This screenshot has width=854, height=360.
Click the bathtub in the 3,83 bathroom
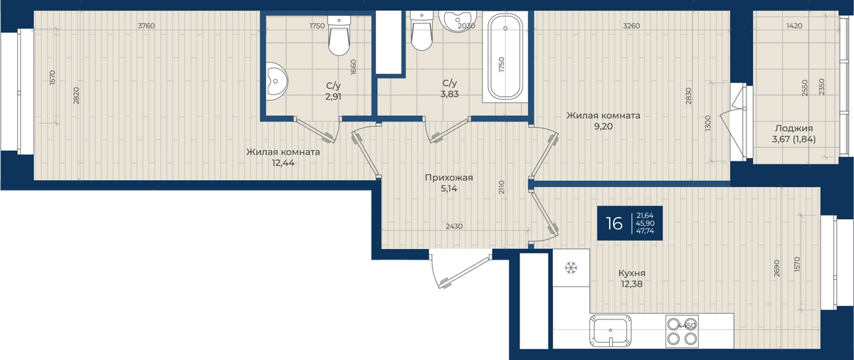click(505, 56)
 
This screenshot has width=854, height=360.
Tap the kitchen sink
click(610, 330)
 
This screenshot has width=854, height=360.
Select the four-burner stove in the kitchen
click(682, 331)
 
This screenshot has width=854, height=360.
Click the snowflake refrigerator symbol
click(571, 268)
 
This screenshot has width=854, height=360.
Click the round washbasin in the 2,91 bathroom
click(276, 81)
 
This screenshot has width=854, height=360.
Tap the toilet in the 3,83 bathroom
click(421, 31)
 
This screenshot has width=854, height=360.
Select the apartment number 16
click(614, 223)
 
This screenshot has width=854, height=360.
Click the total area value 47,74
click(645, 231)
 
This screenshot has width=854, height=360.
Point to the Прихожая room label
click(449, 178)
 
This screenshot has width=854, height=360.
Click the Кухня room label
click(632, 273)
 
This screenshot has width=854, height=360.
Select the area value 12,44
click(283, 163)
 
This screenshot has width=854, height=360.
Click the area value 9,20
click(603, 127)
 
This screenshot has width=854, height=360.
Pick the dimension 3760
click(146, 26)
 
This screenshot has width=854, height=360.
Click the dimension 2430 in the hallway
click(454, 226)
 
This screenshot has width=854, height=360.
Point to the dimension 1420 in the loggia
click(794, 26)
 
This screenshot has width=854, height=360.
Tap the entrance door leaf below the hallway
click(465, 272)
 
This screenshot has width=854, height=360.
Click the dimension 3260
click(631, 26)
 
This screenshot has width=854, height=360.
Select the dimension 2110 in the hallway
click(501, 187)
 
